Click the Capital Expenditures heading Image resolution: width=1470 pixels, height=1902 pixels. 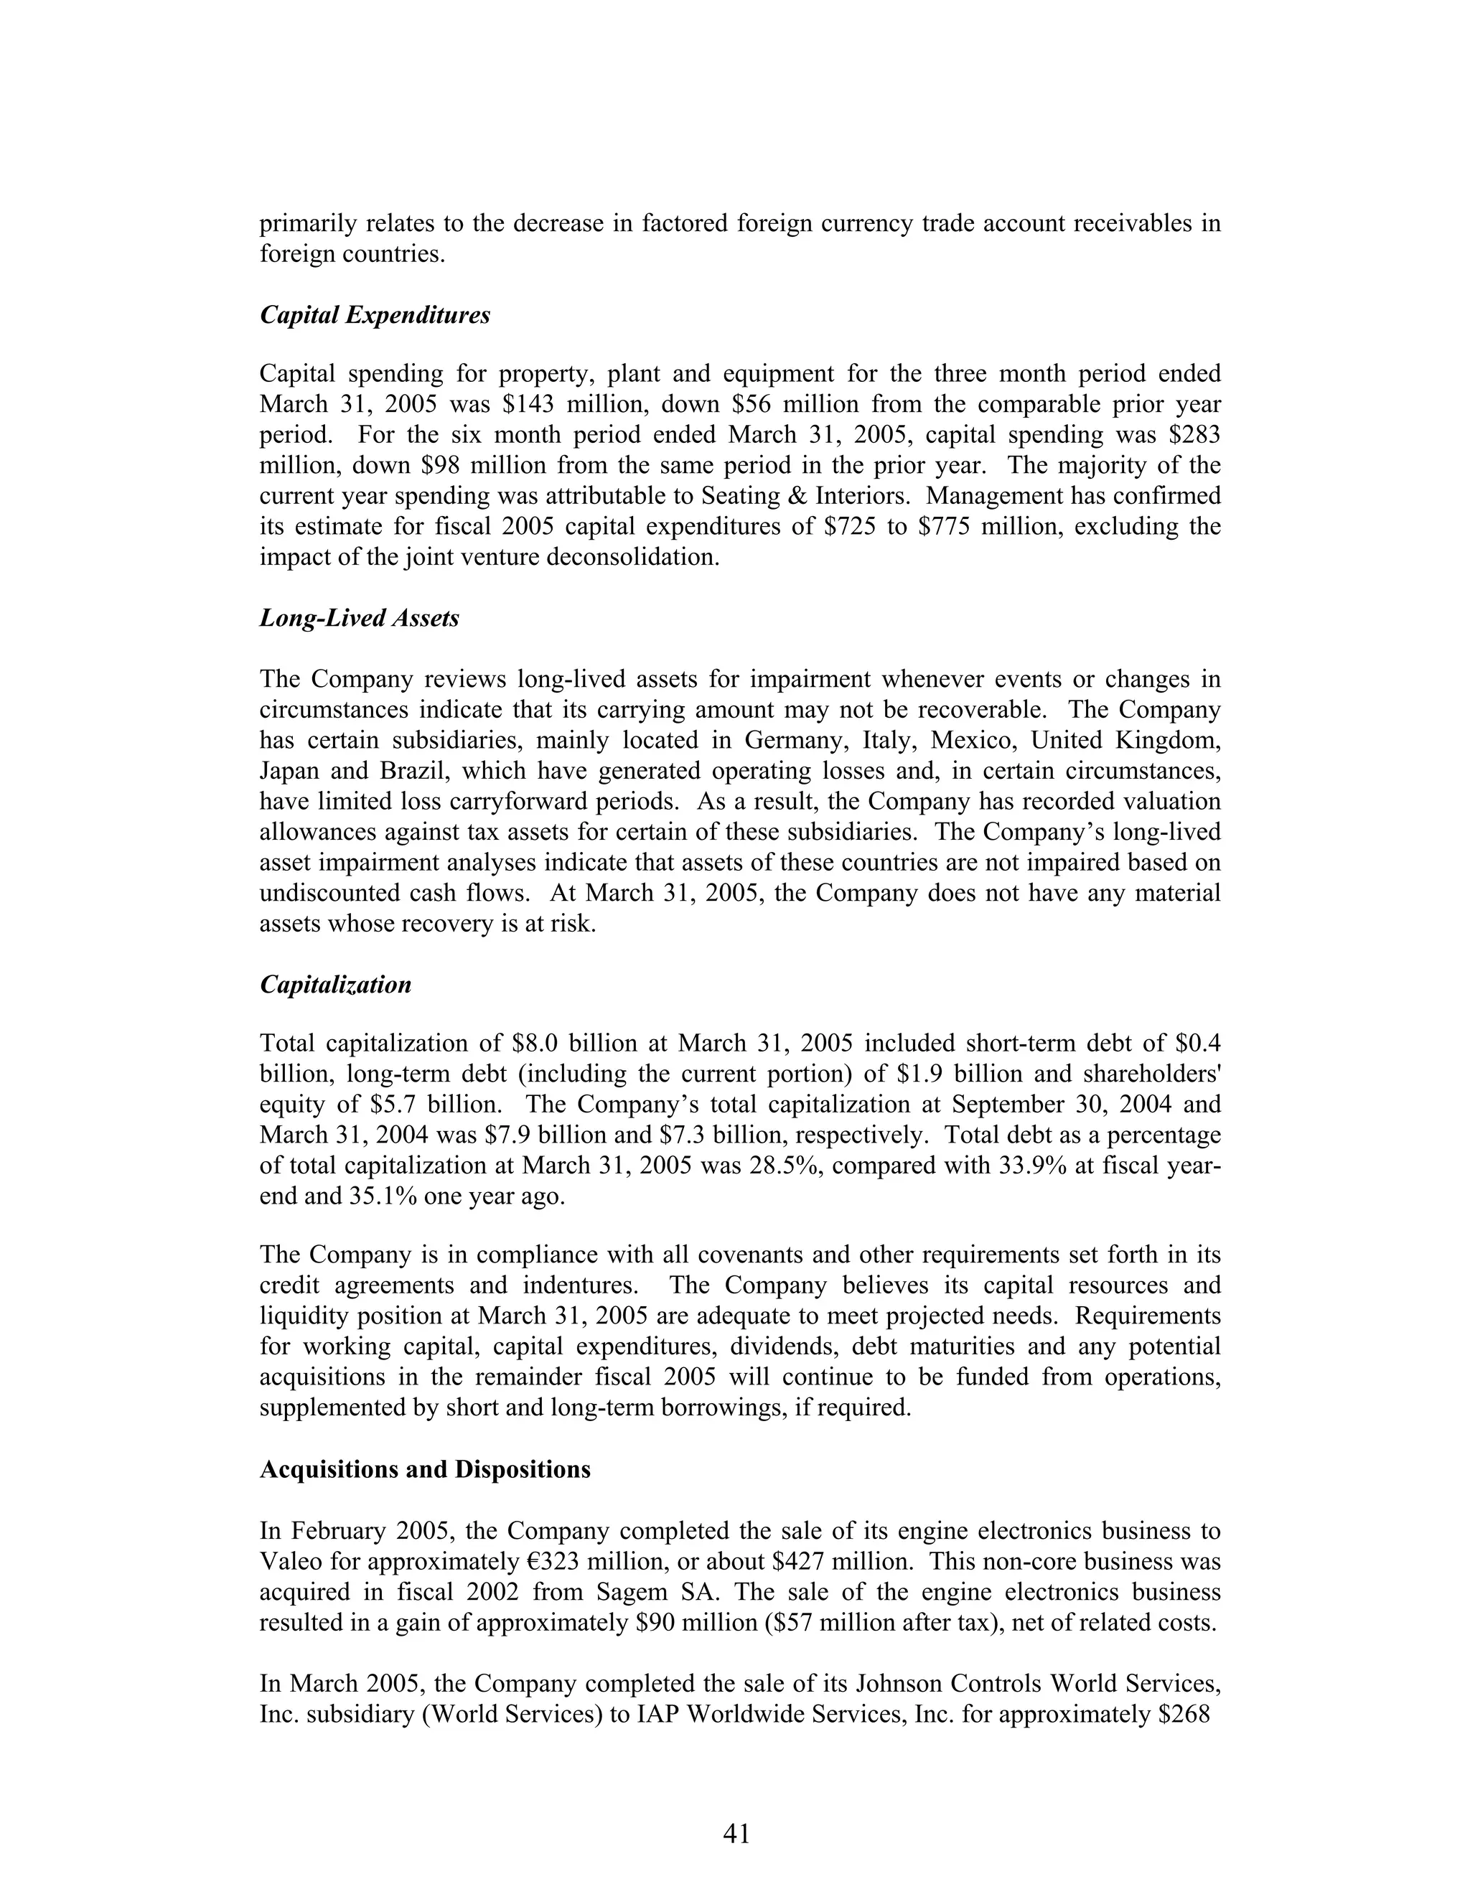(375, 315)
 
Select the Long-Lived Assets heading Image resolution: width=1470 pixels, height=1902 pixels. (359, 619)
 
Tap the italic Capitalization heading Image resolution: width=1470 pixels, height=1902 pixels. (335, 985)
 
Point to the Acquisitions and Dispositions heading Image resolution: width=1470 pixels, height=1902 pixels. (425, 1470)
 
